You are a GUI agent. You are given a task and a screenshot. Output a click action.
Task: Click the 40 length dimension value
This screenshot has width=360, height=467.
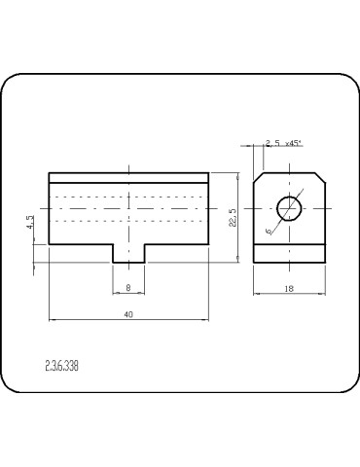coord(128,314)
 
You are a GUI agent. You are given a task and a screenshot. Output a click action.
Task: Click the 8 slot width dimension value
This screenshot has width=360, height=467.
coord(128,287)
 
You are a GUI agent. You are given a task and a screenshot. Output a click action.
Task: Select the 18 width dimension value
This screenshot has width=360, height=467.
coord(289,288)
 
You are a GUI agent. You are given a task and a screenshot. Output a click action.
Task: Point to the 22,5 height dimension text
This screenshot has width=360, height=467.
coord(233,217)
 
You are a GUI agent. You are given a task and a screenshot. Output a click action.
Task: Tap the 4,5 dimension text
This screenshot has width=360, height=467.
coord(30,223)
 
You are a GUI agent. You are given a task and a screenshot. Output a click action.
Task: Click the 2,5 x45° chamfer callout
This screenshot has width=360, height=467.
coord(283,143)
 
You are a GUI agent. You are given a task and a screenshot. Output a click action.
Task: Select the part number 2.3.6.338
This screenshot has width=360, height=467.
coord(61,366)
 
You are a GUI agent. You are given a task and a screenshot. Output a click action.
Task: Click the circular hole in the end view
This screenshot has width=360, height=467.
coord(289,208)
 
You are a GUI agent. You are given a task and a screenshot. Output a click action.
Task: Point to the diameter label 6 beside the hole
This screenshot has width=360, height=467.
coord(269,231)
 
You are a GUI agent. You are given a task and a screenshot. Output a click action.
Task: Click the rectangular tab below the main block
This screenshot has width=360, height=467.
coord(128,253)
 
